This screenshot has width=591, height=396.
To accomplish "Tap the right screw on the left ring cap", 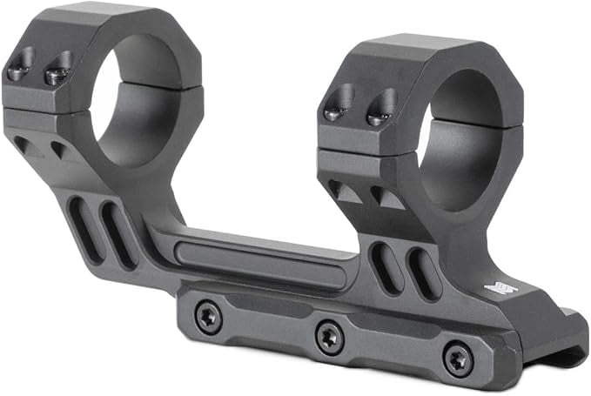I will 57,72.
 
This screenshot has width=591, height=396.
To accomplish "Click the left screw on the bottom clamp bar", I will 207,317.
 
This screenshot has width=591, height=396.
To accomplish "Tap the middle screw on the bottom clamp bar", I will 328,334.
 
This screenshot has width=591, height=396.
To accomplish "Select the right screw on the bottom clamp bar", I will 457,356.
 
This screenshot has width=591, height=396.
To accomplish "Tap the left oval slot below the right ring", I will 386,265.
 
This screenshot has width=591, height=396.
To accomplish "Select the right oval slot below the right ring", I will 421,274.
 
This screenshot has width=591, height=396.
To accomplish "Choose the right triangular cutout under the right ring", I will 383,198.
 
